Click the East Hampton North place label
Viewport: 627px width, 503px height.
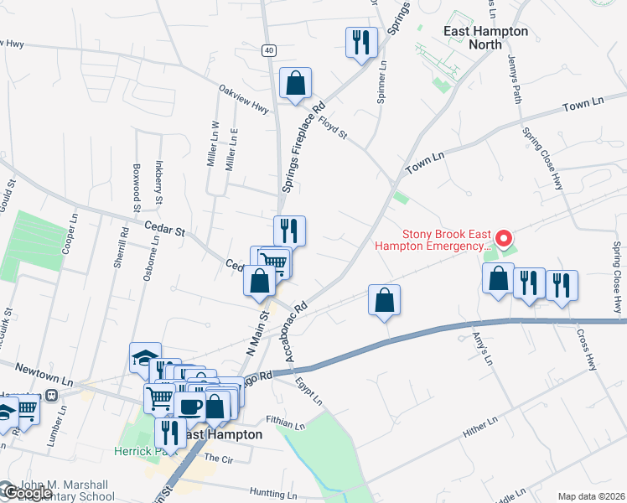point(486,39)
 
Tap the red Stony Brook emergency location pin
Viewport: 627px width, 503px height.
point(503,238)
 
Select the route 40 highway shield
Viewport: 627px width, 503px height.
point(267,50)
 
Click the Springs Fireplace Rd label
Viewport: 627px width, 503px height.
point(303,147)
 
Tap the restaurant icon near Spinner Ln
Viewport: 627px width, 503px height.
point(361,42)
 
